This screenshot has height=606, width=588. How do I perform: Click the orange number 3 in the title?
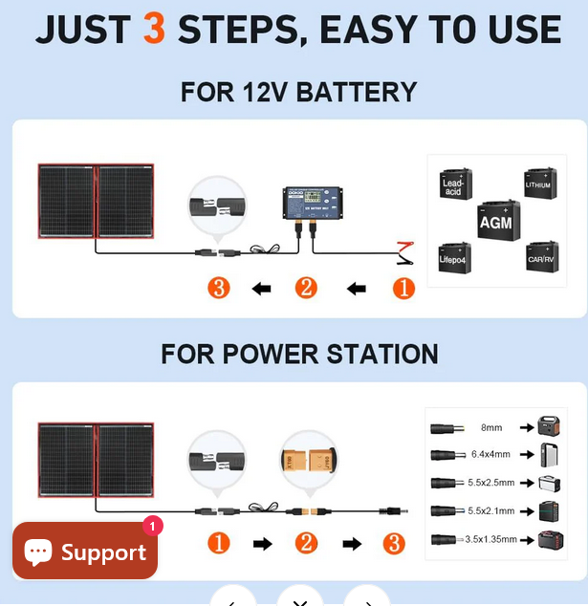pyautogui.click(x=154, y=30)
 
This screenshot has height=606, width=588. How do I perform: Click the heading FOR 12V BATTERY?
pyautogui.click(x=298, y=92)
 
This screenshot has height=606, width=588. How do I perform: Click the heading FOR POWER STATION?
pyautogui.click(x=299, y=354)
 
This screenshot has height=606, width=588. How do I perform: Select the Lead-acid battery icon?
pyautogui.click(x=455, y=184)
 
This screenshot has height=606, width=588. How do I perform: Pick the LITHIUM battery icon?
pyautogui.click(x=539, y=183)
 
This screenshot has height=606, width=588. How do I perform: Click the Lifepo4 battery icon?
pyautogui.click(x=454, y=256)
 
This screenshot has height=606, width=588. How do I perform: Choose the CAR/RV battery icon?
pyautogui.click(x=541, y=256)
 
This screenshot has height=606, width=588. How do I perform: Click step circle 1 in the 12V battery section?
pyautogui.click(x=404, y=288)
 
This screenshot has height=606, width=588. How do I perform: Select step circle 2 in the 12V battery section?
pyautogui.click(x=306, y=288)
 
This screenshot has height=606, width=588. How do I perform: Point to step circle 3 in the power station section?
pyautogui.click(x=394, y=543)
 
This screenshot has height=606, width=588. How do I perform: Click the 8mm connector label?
pyautogui.click(x=490, y=427)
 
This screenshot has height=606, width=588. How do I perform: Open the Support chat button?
pyautogui.click(x=85, y=551)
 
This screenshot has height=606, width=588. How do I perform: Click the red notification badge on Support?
pyautogui.click(x=153, y=526)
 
